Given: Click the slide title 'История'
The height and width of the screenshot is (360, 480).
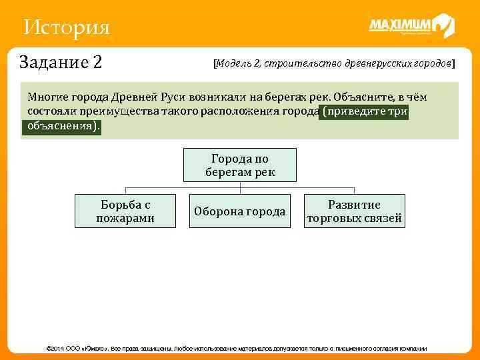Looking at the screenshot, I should (x=65, y=28).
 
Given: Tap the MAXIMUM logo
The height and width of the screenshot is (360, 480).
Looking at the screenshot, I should (x=411, y=26).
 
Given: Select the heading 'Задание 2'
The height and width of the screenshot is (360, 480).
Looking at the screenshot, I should (x=61, y=63).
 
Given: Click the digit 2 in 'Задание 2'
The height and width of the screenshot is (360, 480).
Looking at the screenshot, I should (x=97, y=63).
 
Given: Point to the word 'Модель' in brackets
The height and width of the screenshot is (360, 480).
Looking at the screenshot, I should (x=231, y=64).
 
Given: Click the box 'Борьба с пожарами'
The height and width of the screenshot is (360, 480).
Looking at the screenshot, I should (x=125, y=211).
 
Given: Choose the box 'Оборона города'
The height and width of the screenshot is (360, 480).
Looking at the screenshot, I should (x=240, y=211).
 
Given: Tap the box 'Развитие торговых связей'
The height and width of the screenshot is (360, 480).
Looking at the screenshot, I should (x=354, y=211).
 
